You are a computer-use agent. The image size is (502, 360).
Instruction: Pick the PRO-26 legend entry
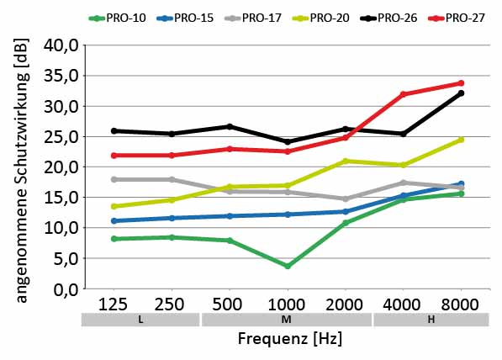click(x=395, y=17)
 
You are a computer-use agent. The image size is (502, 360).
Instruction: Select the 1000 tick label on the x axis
click(x=287, y=304)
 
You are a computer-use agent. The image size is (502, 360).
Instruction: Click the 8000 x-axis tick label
click(x=460, y=304)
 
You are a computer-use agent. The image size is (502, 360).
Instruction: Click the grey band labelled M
click(x=287, y=320)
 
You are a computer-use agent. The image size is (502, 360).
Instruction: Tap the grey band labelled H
click(x=431, y=320)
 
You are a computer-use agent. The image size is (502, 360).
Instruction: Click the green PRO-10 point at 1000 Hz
click(x=287, y=266)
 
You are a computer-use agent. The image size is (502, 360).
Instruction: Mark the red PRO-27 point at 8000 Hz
click(x=461, y=83)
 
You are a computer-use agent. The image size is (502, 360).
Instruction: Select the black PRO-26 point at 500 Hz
click(x=229, y=126)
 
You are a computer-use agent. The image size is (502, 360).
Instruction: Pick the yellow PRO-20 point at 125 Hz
click(x=113, y=206)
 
